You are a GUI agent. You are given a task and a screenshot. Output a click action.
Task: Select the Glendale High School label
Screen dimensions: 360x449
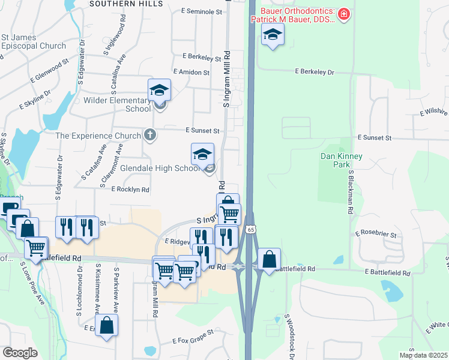click(x=160, y=169)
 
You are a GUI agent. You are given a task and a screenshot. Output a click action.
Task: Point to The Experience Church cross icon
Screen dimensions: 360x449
click(x=150, y=135)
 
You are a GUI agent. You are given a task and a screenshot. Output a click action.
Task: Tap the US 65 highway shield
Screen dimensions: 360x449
click(x=251, y=229)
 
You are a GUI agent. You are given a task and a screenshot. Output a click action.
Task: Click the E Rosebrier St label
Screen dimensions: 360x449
click(x=376, y=233)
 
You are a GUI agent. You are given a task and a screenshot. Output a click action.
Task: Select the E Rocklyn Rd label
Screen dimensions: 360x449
click(x=130, y=189)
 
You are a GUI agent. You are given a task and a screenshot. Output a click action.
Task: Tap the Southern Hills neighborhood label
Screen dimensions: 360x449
click(x=126, y=4)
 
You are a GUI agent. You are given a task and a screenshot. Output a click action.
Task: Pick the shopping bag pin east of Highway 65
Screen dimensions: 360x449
click(x=270, y=259)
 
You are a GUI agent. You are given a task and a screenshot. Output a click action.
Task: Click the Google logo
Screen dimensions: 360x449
click(x=20, y=353)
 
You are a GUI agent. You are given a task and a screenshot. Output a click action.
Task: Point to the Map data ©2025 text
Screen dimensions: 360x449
click(x=423, y=355)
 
